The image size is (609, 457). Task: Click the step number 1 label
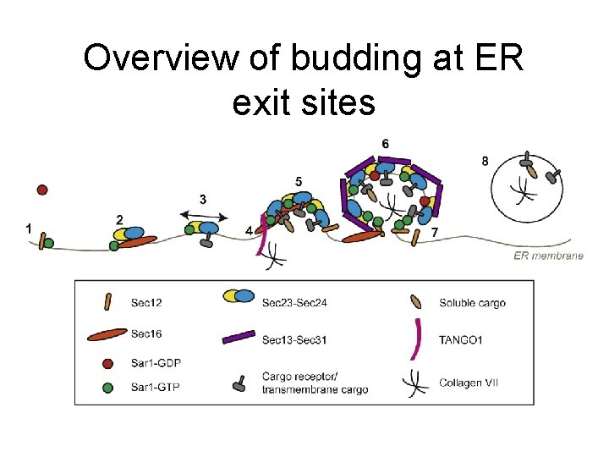[30, 228]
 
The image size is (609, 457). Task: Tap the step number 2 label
[119, 219]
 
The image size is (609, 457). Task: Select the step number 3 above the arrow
[204, 199]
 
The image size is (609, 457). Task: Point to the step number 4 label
[249, 230]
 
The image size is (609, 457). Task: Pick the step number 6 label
[386, 144]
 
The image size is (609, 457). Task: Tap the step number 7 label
[434, 231]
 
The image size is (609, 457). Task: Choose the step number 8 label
[484, 161]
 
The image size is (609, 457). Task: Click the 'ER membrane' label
[548, 256]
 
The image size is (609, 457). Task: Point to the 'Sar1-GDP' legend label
[156, 362]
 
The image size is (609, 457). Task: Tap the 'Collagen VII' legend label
[469, 383]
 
